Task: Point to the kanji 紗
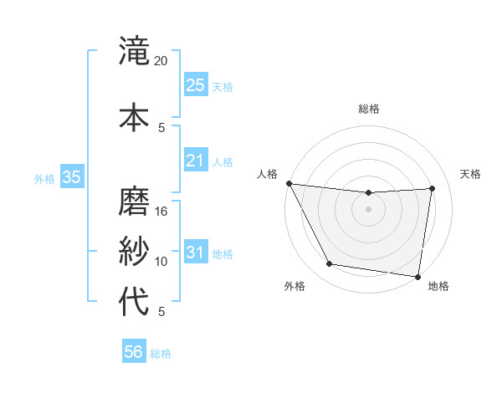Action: point(135,250)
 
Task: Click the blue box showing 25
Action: point(196,84)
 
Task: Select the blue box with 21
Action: point(196,160)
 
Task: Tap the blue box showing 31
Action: point(196,253)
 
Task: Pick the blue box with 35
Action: point(71,177)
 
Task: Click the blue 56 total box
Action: point(134,352)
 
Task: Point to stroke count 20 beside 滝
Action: point(161,61)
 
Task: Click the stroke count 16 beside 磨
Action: point(161,212)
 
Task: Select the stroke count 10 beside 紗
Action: point(161,262)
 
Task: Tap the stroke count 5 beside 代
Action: point(161,312)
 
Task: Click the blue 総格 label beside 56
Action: point(161,354)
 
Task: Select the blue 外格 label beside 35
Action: point(44,178)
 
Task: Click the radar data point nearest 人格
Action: point(289,183)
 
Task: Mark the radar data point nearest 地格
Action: point(418,276)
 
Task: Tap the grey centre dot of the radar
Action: point(368,209)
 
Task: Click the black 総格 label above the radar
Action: point(368,109)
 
